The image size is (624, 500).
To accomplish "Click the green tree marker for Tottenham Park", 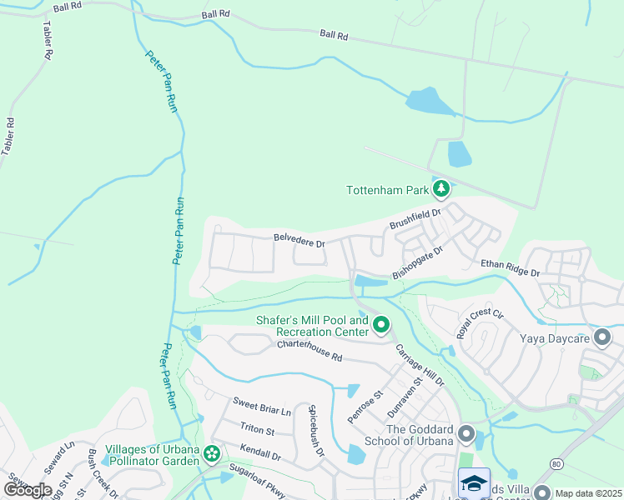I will [x=441, y=190].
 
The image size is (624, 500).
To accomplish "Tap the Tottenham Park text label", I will [x=387, y=190].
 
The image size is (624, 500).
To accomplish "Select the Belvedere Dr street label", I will [x=298, y=240].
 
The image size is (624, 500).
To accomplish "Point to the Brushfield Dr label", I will [x=415, y=220].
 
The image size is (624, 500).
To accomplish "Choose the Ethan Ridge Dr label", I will [x=511, y=267].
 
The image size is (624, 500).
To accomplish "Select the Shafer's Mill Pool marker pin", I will [x=381, y=325].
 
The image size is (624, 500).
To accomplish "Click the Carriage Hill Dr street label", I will [x=419, y=365].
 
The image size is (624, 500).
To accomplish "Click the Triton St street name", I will [x=257, y=429].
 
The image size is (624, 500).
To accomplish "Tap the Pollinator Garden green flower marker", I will [x=212, y=454].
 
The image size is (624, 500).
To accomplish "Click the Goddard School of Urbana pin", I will [x=466, y=434].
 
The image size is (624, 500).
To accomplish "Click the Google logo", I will [x=28, y=489].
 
